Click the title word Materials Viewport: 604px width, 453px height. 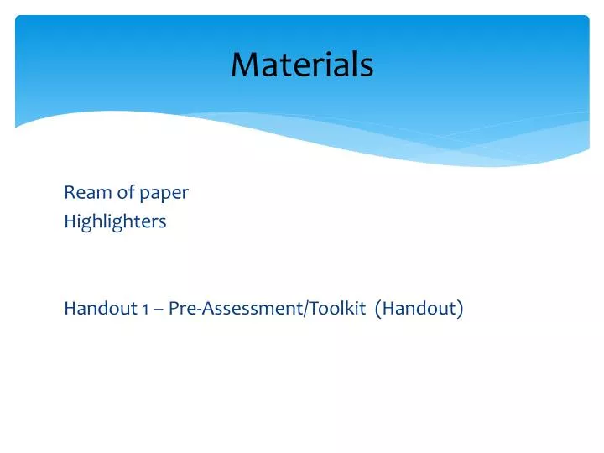pyautogui.click(x=302, y=65)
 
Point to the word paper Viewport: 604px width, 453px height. pyautogui.click(x=164, y=195)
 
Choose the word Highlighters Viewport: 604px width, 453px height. pyautogui.click(x=115, y=222)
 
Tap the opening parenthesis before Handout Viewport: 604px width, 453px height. pyautogui.click(x=380, y=309)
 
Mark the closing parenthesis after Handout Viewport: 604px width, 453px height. pyautogui.click(x=460, y=309)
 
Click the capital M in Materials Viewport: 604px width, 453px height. pyautogui.click(x=244, y=65)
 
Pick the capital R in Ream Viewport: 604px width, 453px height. pyautogui.click(x=70, y=193)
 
